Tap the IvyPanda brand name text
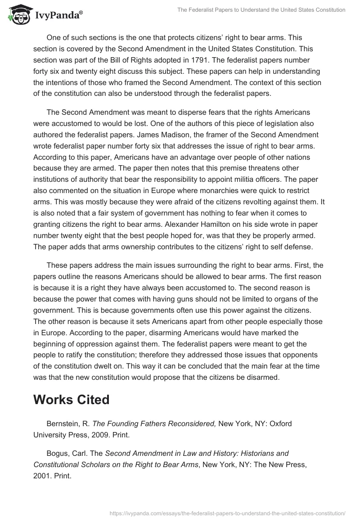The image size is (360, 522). tap(57, 15)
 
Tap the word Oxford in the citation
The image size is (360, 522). tap(280, 424)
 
